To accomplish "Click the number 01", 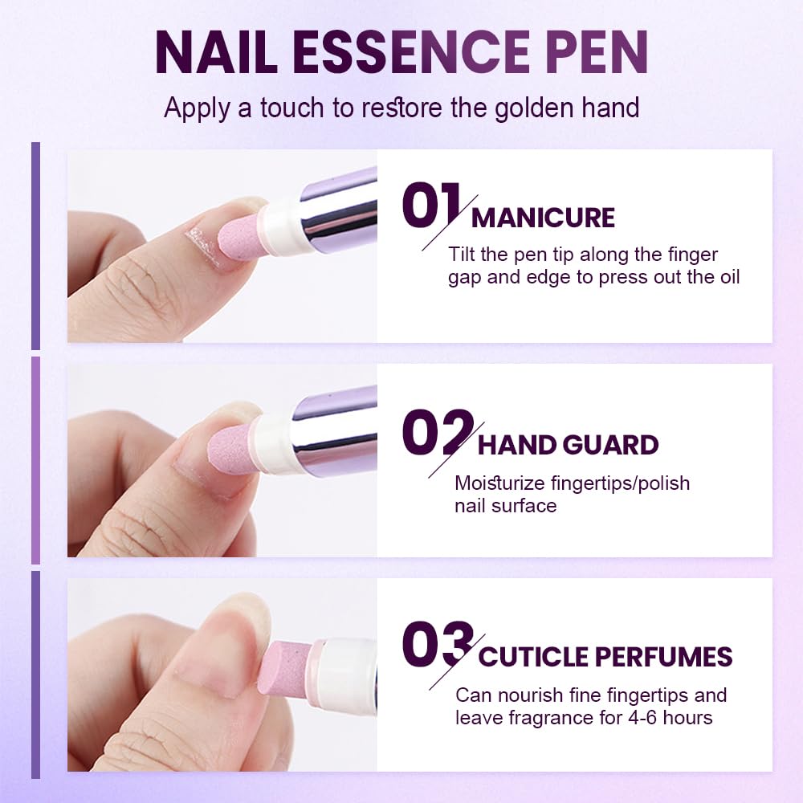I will pyautogui.click(x=431, y=207).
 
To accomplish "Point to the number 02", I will pyautogui.click(x=435, y=434).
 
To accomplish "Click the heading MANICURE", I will pyautogui.click(x=543, y=218).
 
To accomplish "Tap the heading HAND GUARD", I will pyautogui.click(x=568, y=445).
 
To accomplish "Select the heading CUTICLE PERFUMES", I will pyautogui.click(x=605, y=656).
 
